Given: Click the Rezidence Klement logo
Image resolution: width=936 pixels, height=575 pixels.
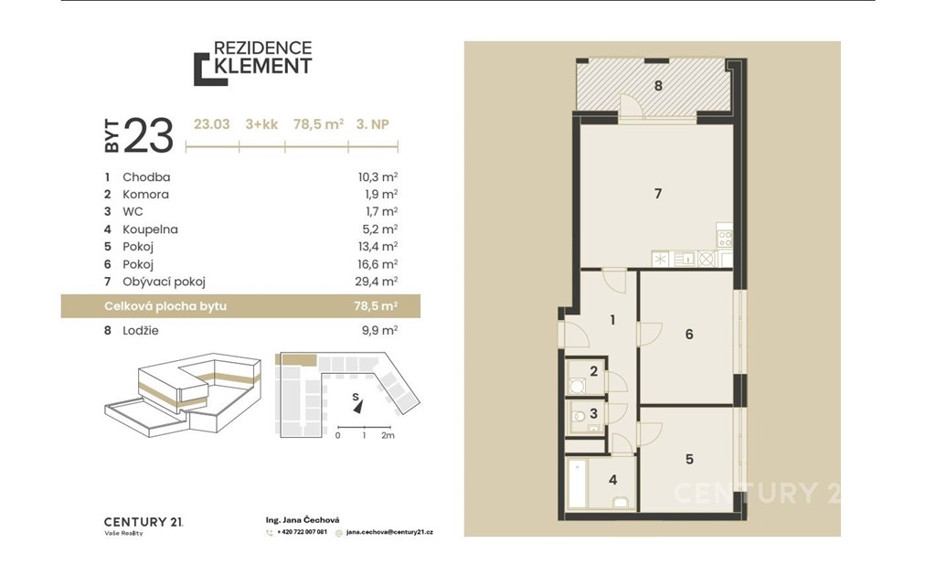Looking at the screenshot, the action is tap(252, 63).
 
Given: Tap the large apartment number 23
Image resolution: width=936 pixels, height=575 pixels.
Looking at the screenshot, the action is tap(149, 135).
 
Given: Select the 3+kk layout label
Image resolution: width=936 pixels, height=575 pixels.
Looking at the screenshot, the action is tap(261, 124).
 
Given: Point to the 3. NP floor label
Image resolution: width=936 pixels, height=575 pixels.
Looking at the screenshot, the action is tap(373, 124).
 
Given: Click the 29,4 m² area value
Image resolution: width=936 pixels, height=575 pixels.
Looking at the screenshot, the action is tap(376, 282).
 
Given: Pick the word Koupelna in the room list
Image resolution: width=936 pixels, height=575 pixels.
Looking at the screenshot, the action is tap(151, 229).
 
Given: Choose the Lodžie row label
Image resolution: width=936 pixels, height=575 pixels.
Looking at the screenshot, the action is tap(141, 330).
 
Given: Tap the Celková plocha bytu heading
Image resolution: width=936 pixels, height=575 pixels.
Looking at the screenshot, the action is tap(165, 306).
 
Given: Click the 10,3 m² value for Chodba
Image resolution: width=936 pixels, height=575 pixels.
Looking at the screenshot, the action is tap(378, 176).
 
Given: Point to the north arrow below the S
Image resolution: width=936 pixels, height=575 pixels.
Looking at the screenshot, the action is tap(358, 407).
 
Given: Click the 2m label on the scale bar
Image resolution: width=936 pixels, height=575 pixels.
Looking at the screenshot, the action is tap(388, 435).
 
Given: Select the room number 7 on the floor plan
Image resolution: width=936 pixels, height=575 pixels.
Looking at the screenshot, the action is tap(658, 194).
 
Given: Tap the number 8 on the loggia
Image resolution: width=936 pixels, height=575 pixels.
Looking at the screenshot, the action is tap(658, 85).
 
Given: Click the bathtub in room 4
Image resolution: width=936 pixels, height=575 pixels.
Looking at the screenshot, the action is tap(578, 483).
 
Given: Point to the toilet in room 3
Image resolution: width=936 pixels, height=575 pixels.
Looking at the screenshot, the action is tap(577, 416).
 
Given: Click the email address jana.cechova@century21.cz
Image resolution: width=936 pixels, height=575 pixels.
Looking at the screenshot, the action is tap(389, 532).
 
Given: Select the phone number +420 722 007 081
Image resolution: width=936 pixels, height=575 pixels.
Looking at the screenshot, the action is tap(302, 532).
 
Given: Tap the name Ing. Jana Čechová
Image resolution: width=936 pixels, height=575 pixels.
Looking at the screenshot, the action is tap(303, 520).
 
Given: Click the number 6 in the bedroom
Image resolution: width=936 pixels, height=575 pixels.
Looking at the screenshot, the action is tap(689, 335).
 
